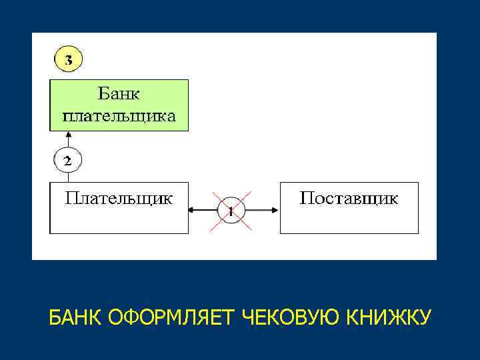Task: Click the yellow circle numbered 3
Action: [68, 60]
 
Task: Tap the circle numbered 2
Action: [67, 161]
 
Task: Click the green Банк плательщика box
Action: [120, 105]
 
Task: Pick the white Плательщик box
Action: [120, 208]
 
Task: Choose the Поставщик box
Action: [349, 208]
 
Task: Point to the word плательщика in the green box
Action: [120, 117]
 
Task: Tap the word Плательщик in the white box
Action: [120, 198]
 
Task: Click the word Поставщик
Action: [349, 198]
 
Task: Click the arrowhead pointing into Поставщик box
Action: [275, 211]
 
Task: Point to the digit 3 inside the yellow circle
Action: [68, 60]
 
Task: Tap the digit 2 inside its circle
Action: [67, 161]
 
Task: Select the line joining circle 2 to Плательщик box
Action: [67, 177]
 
